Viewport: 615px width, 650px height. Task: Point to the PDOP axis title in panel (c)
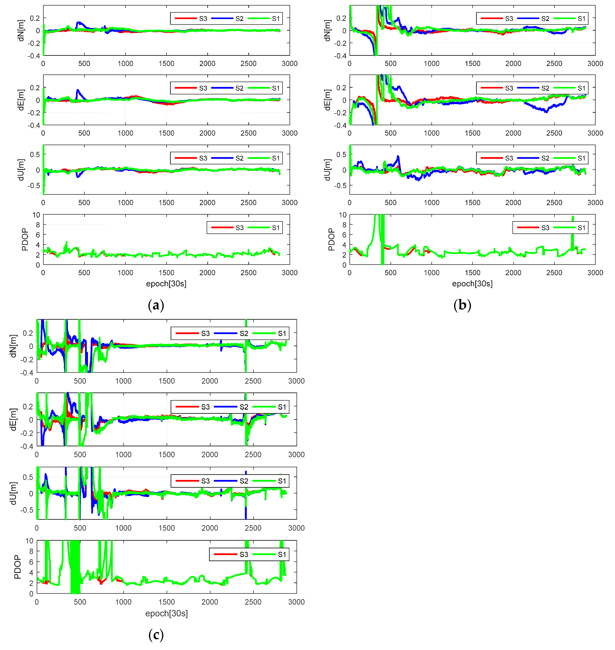17,567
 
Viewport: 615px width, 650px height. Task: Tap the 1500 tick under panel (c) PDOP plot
167,602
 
